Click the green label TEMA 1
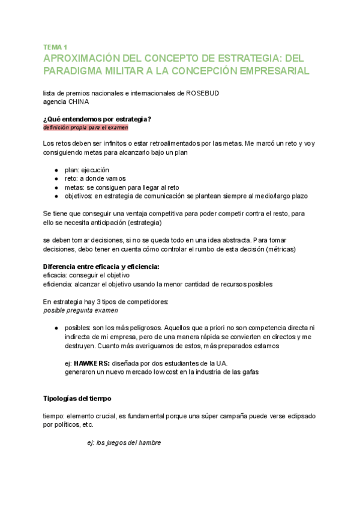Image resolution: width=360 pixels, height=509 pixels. pos(55,47)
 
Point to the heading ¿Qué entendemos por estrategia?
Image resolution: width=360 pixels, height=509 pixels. pos(97,119)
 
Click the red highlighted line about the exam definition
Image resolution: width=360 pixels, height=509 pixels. pos(85,127)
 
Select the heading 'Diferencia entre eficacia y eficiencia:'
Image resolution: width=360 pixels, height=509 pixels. pos(105,267)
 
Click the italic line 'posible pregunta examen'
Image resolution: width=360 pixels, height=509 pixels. pos(81,310)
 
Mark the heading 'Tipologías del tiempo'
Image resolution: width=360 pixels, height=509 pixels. pos(77,399)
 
